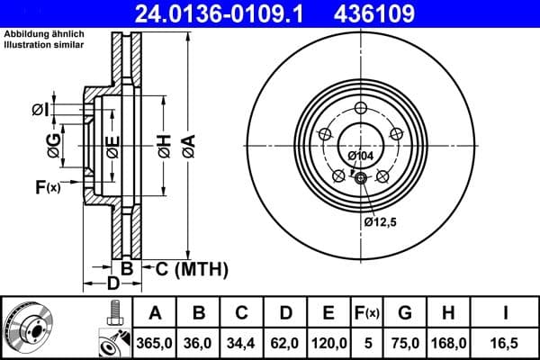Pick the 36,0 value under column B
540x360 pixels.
pos(200,341)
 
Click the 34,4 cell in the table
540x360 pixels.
pos(242,341)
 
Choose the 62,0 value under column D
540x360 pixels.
pos(284,341)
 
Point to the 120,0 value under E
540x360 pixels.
pos(328,341)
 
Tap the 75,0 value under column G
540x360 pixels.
pos(406,341)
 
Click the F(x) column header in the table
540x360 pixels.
pos(367,313)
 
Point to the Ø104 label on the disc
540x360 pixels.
pos(360,157)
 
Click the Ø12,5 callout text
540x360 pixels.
pos(381,220)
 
